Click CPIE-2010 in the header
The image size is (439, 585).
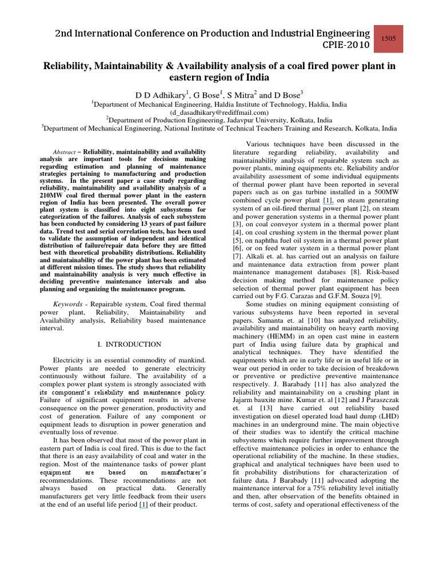click(346, 45)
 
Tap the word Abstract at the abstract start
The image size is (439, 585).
click(62, 151)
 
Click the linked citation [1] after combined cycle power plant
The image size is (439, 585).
click(328, 201)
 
